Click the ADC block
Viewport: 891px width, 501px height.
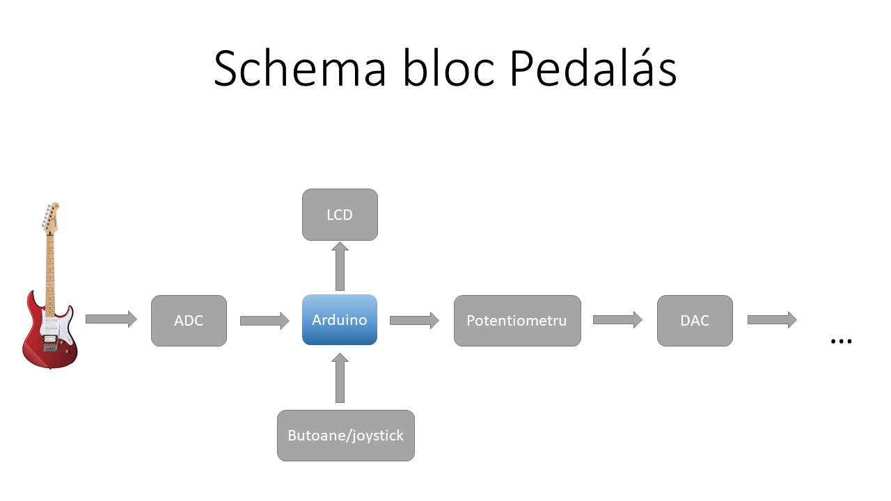[189, 321]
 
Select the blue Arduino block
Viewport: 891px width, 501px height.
[340, 319]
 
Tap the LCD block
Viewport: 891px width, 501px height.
[340, 215]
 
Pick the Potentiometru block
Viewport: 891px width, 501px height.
[517, 321]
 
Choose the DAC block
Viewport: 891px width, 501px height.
[695, 321]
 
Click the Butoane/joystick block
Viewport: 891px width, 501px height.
[346, 436]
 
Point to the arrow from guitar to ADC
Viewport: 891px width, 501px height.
[111, 319]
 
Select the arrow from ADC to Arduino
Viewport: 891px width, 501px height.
[265, 321]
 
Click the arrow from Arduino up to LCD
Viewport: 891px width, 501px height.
[340, 267]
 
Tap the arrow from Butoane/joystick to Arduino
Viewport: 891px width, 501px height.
[340, 378]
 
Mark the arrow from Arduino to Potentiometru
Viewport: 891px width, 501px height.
[414, 321]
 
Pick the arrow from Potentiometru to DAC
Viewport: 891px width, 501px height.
[617, 319]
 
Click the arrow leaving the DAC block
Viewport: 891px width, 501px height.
[773, 319]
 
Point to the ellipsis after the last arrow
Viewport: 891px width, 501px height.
[842, 341]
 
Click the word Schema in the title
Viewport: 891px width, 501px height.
[300, 67]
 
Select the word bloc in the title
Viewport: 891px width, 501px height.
[449, 67]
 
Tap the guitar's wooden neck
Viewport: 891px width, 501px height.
[50, 274]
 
